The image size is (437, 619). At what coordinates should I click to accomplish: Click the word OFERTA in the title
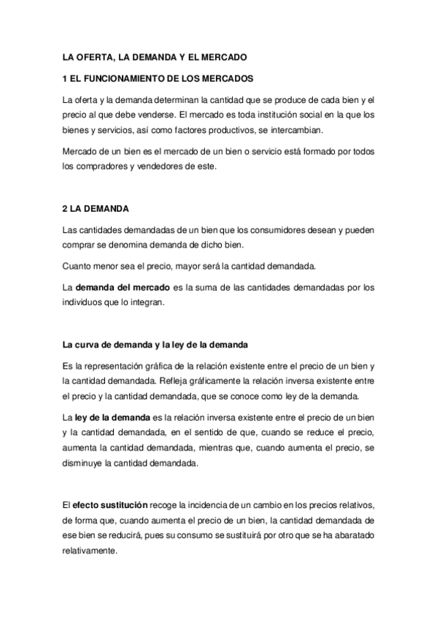[x=94, y=55]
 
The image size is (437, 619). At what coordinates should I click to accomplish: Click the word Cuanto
[x=77, y=266]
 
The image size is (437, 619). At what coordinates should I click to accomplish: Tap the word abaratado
[x=349, y=536]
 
